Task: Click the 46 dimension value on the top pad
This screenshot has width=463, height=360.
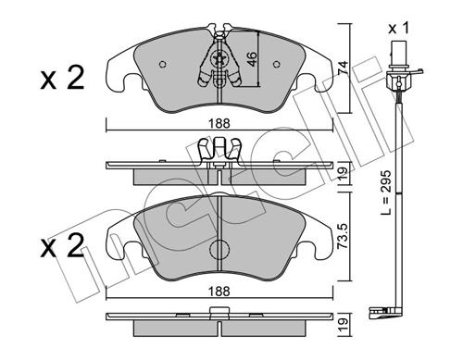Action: pos(252,59)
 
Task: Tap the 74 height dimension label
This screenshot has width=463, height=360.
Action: pos(343,68)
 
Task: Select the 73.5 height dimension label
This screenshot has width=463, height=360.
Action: pos(343,236)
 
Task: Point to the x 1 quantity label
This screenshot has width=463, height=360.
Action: pos(398,29)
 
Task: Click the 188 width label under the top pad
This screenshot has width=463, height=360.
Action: pos(219,123)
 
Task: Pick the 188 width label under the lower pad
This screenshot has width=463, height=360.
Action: pos(219,291)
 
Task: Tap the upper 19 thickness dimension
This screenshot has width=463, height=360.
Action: pos(343,174)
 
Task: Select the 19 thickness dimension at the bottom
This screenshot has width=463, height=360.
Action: pos(343,326)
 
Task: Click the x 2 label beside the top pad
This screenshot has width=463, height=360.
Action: pos(62,78)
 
